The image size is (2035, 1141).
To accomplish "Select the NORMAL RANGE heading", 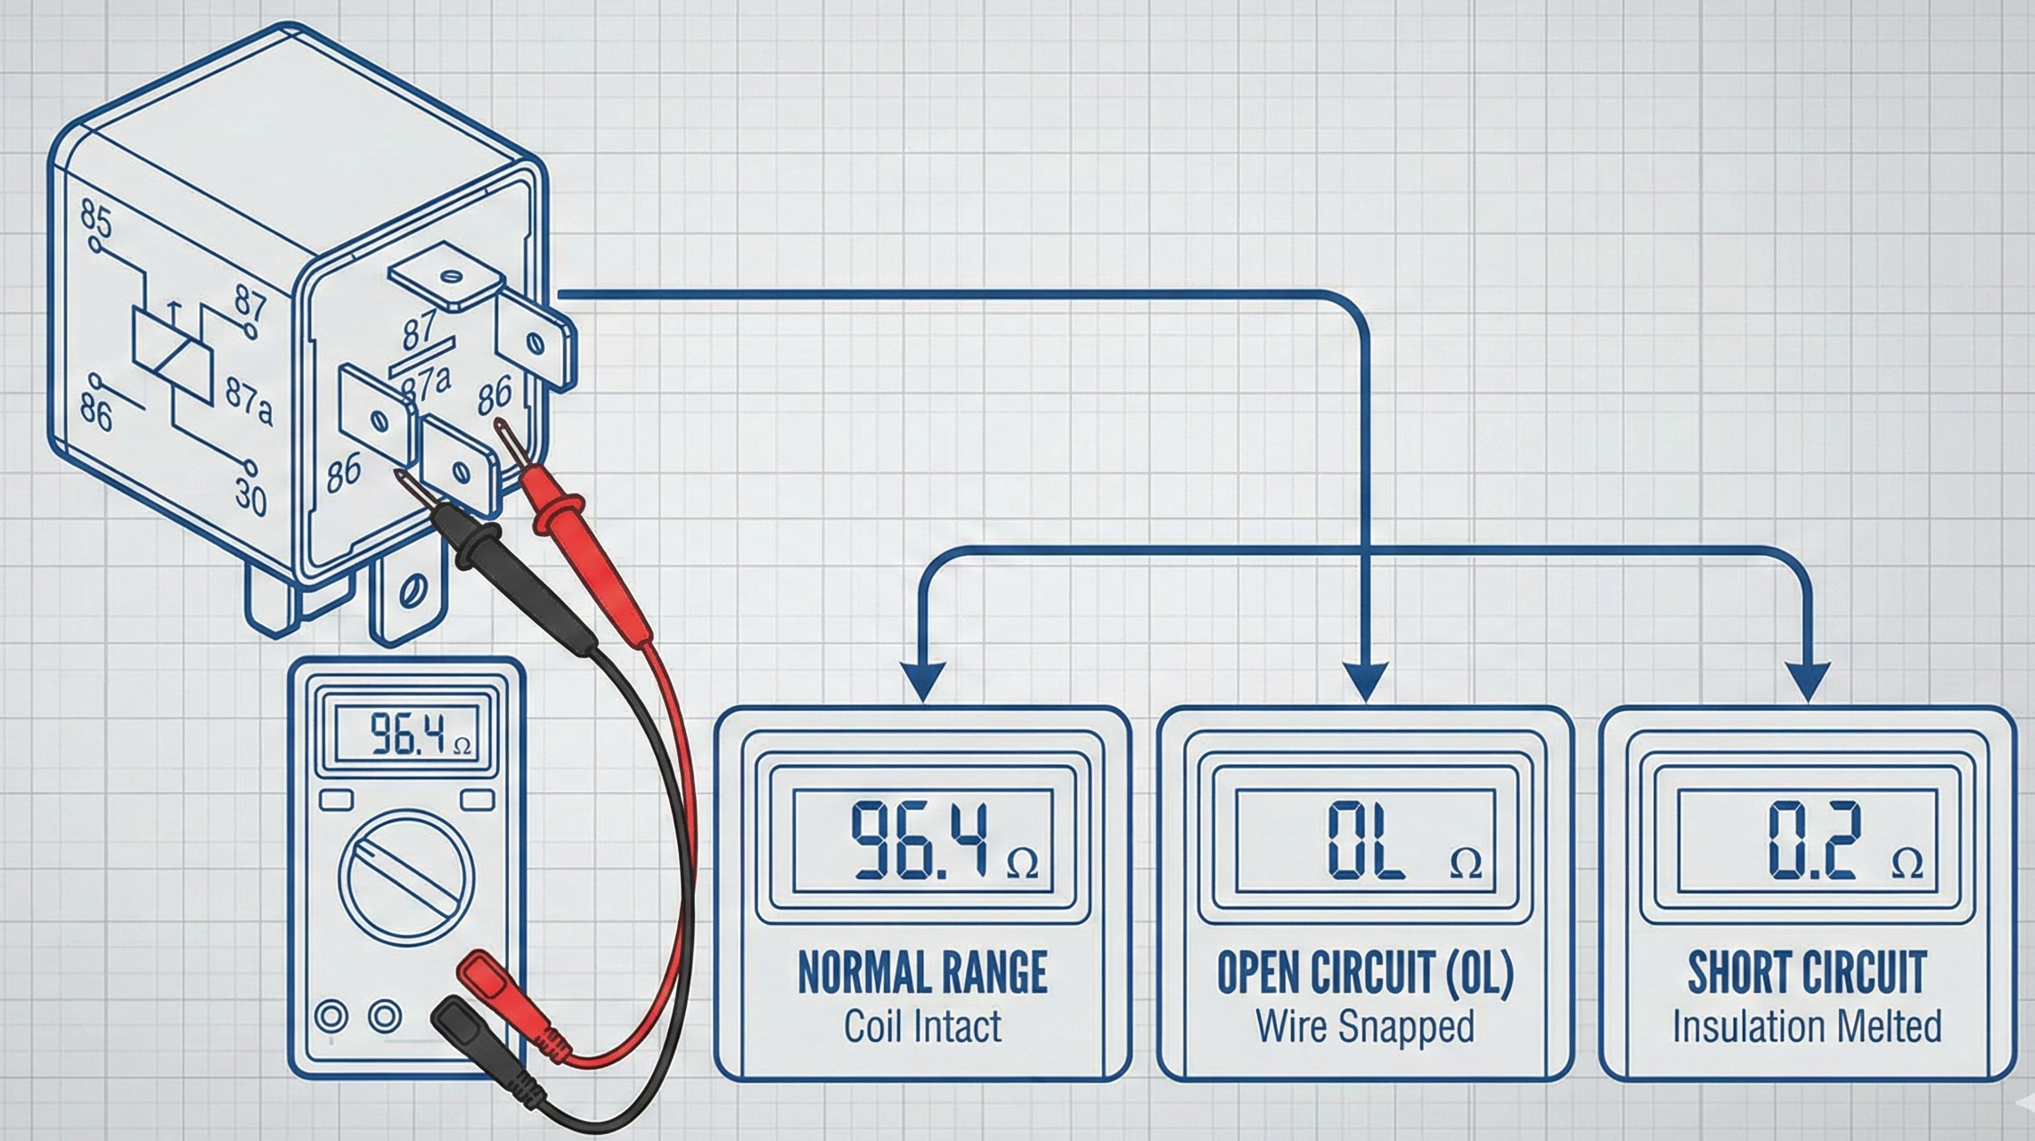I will click(922, 973).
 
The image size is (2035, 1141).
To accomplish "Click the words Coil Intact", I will click(922, 1027).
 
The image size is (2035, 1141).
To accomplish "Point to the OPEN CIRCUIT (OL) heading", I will click(1365, 973).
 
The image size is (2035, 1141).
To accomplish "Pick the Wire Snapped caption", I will click(1365, 1027).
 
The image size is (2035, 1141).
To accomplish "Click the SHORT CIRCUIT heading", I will click(1807, 973).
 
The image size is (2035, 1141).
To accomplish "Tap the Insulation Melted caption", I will click(1807, 1027).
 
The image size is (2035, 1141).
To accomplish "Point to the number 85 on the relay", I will click(96, 218).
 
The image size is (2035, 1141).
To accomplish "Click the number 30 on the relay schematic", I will click(250, 496).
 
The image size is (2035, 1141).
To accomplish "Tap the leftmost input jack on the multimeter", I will click(331, 1016).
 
